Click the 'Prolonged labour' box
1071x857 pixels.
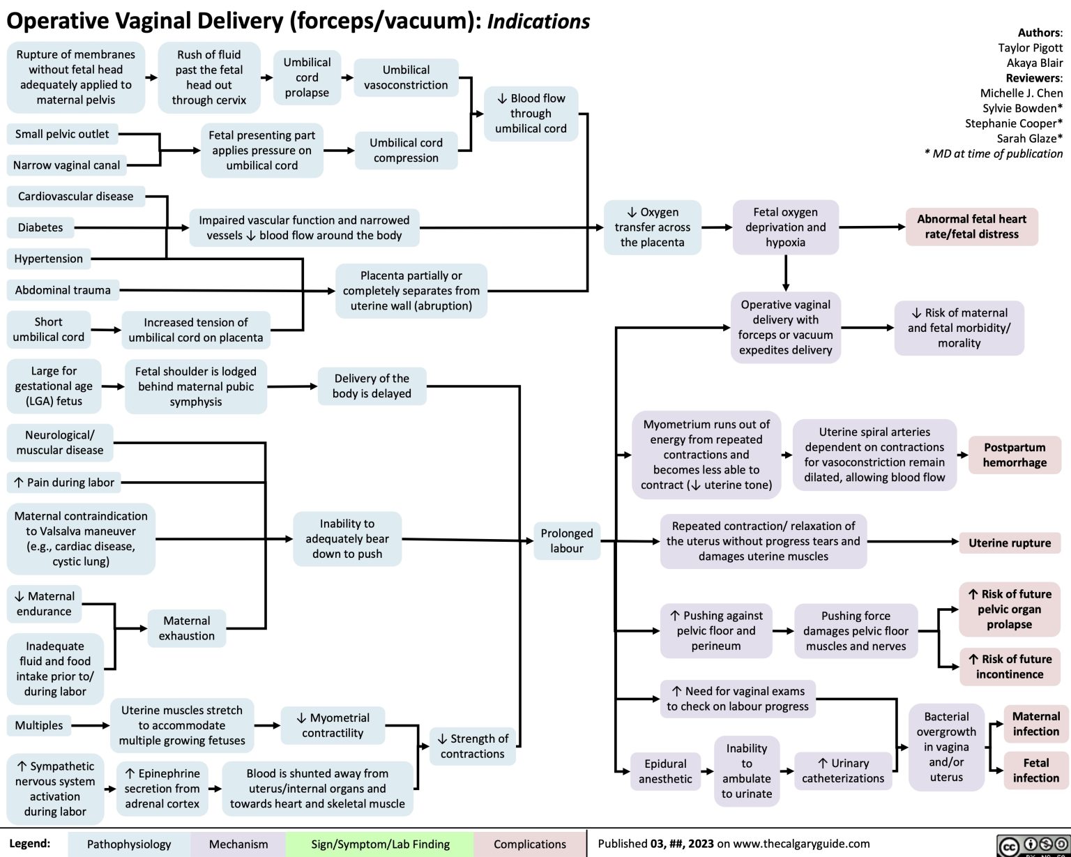coord(566,540)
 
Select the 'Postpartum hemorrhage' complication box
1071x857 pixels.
coord(1015,455)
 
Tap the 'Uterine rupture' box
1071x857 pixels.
coord(1009,543)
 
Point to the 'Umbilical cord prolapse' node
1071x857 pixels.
coord(307,77)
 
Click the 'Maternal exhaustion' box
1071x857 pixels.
coord(186,628)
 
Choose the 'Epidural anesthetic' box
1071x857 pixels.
coord(664,771)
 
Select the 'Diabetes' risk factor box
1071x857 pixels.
coord(40,227)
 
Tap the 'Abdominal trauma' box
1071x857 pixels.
coord(63,290)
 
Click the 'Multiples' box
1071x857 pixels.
coord(39,725)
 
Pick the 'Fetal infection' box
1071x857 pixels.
coord(1035,771)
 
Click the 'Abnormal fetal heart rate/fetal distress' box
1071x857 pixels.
coord(971,227)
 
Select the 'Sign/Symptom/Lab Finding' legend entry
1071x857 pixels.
coord(380,844)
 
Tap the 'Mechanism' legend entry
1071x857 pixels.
coord(238,844)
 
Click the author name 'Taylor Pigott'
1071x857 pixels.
coord(1030,47)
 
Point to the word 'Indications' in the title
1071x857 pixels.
coord(538,22)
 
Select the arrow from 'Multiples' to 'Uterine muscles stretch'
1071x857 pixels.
coord(91,725)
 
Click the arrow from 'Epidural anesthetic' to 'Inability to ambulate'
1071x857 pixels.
coord(707,771)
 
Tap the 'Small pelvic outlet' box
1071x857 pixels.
coord(62,134)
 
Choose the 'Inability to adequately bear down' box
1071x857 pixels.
coord(347,538)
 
